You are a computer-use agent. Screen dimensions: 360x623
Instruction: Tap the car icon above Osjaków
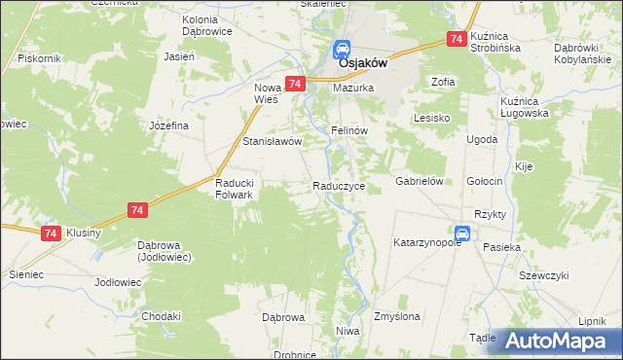point(343,49)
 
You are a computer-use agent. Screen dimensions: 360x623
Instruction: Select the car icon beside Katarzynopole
point(463,234)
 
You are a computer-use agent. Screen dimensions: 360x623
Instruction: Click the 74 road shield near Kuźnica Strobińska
point(455,39)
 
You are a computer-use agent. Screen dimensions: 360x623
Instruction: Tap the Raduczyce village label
point(339,185)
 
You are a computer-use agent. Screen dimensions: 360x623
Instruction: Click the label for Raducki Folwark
point(234,189)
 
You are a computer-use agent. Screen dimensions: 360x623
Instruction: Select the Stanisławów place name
point(273,140)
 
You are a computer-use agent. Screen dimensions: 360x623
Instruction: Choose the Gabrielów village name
point(420,182)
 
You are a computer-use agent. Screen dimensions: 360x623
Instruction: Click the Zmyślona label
point(396,317)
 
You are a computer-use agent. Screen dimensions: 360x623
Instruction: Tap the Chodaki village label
point(162,317)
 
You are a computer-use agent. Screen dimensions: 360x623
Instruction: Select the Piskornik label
point(40,58)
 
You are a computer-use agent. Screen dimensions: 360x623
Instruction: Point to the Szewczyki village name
point(543,275)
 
